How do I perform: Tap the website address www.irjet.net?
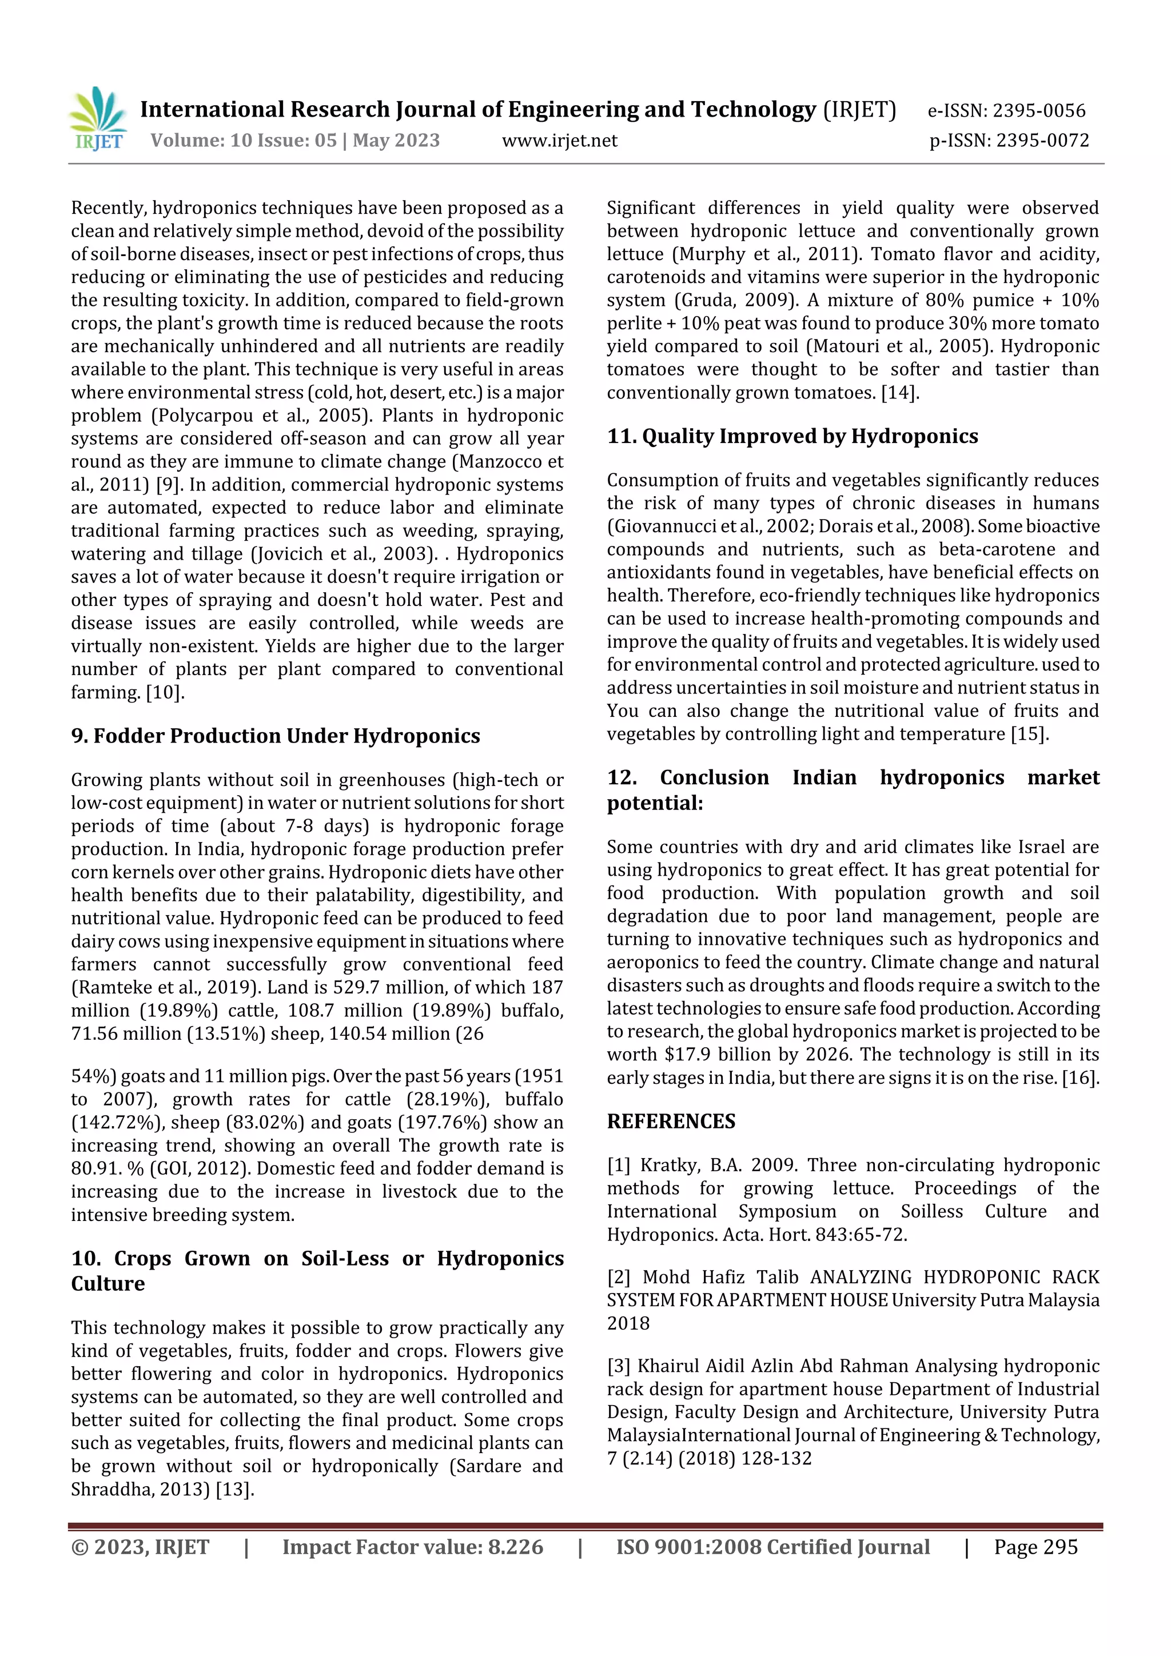pos(559,141)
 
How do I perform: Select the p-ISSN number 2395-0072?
pos(1042,141)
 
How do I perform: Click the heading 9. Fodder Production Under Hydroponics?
pos(275,736)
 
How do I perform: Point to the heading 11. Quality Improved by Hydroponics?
pos(792,436)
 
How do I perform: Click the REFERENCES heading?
pos(671,1121)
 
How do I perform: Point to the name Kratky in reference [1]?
pos(668,1165)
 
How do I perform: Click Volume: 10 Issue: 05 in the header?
pos(244,141)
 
